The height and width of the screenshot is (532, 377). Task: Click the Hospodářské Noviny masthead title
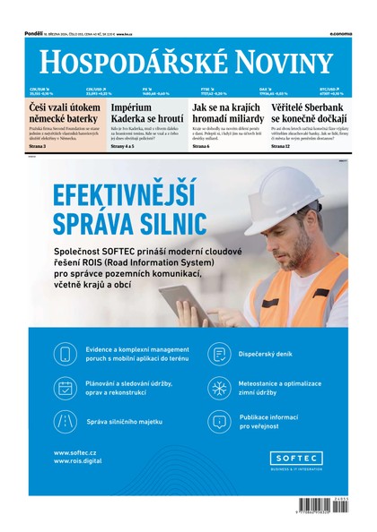tap(187, 62)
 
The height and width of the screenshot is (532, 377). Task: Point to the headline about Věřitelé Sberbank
tap(308, 113)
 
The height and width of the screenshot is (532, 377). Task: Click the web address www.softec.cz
tap(75, 452)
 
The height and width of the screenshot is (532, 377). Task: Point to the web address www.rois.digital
tap(79, 461)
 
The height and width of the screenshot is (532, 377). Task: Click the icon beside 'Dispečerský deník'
tap(218, 354)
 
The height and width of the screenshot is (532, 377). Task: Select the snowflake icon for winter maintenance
tap(218, 387)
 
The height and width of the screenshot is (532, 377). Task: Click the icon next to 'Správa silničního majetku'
tap(66, 420)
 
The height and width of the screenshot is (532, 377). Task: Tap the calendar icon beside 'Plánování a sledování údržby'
tap(66, 387)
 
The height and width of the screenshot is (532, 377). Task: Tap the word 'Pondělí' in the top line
tap(35, 33)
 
